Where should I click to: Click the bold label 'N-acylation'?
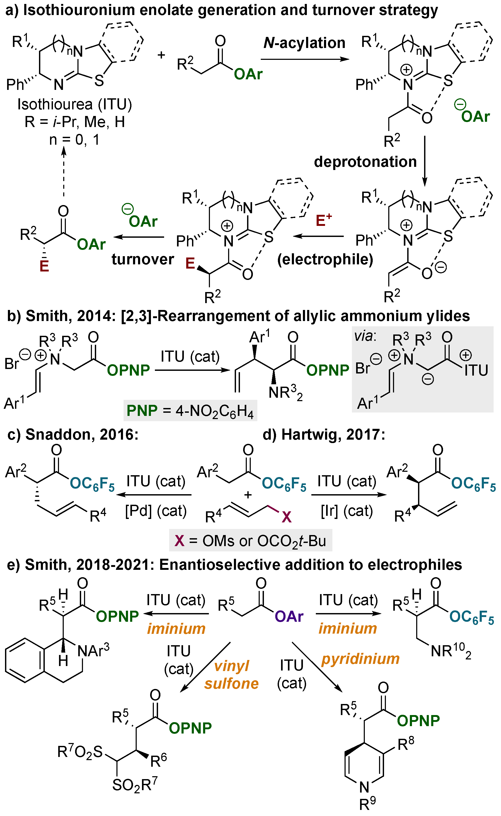pos(304,43)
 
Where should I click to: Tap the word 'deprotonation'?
pos(365,162)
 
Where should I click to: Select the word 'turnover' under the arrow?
pos(143,259)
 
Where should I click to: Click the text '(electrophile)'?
pos(325,259)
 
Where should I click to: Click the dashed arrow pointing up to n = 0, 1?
pos(64,172)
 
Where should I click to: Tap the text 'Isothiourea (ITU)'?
pos(75,104)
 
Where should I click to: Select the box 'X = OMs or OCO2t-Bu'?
pos(251,541)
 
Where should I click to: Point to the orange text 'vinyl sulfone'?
pos(231,675)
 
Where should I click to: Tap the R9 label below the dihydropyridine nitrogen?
pos(368,804)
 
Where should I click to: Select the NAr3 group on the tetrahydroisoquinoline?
pos(93,651)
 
